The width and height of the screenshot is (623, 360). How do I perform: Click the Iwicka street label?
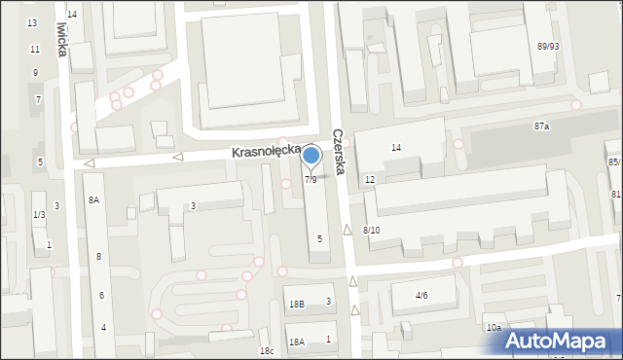[x=63, y=36]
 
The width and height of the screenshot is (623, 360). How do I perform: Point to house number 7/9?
[x=311, y=180]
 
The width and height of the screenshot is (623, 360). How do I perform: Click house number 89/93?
[x=548, y=46]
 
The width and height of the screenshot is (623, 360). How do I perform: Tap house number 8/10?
[x=371, y=230]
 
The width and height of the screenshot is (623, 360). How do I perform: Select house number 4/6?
[x=421, y=295]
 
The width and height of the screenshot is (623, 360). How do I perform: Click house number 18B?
[x=297, y=305]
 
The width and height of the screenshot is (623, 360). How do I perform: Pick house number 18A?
[x=297, y=342]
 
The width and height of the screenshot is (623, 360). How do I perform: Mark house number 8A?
[x=94, y=199]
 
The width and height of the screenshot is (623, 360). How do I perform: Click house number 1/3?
[x=39, y=214]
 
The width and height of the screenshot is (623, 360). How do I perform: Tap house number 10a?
[x=495, y=328]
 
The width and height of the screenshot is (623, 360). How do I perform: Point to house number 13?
[x=32, y=22]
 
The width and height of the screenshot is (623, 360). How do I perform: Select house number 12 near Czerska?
[x=370, y=180]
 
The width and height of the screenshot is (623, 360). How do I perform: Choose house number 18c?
[x=266, y=350]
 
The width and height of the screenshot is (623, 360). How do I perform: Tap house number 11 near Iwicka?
[x=35, y=49]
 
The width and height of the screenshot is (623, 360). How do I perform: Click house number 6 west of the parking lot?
[x=101, y=295]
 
